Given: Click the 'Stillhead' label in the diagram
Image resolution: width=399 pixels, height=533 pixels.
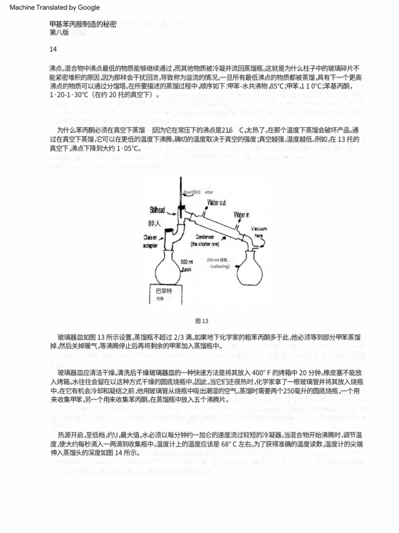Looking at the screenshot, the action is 157,210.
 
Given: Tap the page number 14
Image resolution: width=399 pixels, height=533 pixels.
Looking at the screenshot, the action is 53,49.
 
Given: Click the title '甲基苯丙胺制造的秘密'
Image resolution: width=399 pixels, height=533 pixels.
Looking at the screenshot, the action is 83,24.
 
